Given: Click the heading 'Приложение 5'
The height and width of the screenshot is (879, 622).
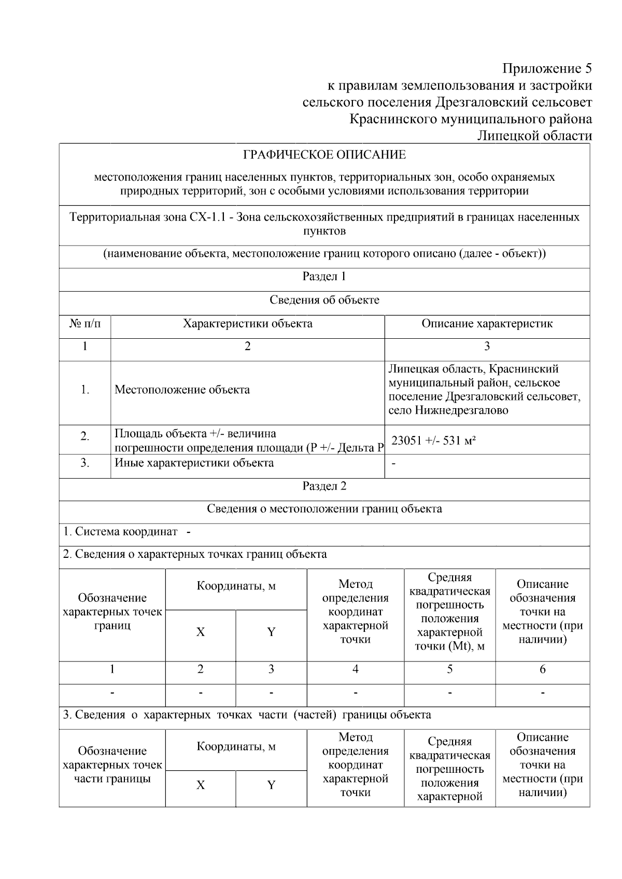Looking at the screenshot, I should pos(547,68).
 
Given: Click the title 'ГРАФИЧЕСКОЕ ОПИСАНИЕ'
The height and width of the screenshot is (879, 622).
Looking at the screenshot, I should pos(324,155).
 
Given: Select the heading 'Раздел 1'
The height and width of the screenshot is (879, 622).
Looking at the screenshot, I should pos(324,277).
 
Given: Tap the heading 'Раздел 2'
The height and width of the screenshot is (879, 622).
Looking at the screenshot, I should pos(324,486).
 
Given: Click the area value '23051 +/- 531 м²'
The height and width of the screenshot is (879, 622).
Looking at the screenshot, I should pos(434,441).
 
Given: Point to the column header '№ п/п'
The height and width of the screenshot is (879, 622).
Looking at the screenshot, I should pos(85,324).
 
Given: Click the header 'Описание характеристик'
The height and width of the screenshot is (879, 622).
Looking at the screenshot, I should pos(487,324).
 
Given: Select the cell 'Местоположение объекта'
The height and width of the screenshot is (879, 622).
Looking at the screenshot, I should pos(182,390).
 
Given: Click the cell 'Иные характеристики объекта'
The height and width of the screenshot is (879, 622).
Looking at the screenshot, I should pos(194,463).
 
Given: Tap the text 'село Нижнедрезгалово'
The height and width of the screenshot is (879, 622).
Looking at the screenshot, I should pos(448,411).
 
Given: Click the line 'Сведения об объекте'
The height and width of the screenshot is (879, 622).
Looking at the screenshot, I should pos(324,300).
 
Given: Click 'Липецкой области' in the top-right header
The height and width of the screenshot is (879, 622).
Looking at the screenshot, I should pos(534,136).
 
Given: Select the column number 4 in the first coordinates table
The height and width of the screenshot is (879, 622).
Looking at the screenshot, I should pos(355,669).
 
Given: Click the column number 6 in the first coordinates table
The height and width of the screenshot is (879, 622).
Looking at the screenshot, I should pos(542,669).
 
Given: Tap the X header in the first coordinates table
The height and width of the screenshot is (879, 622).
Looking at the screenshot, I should pos(200,632).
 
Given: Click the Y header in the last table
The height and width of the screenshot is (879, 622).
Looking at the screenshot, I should pos(271,785).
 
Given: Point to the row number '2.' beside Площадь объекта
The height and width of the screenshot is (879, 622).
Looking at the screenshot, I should pos(85,437).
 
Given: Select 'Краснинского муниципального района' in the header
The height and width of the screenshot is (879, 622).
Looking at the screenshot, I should pos(471,119).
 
